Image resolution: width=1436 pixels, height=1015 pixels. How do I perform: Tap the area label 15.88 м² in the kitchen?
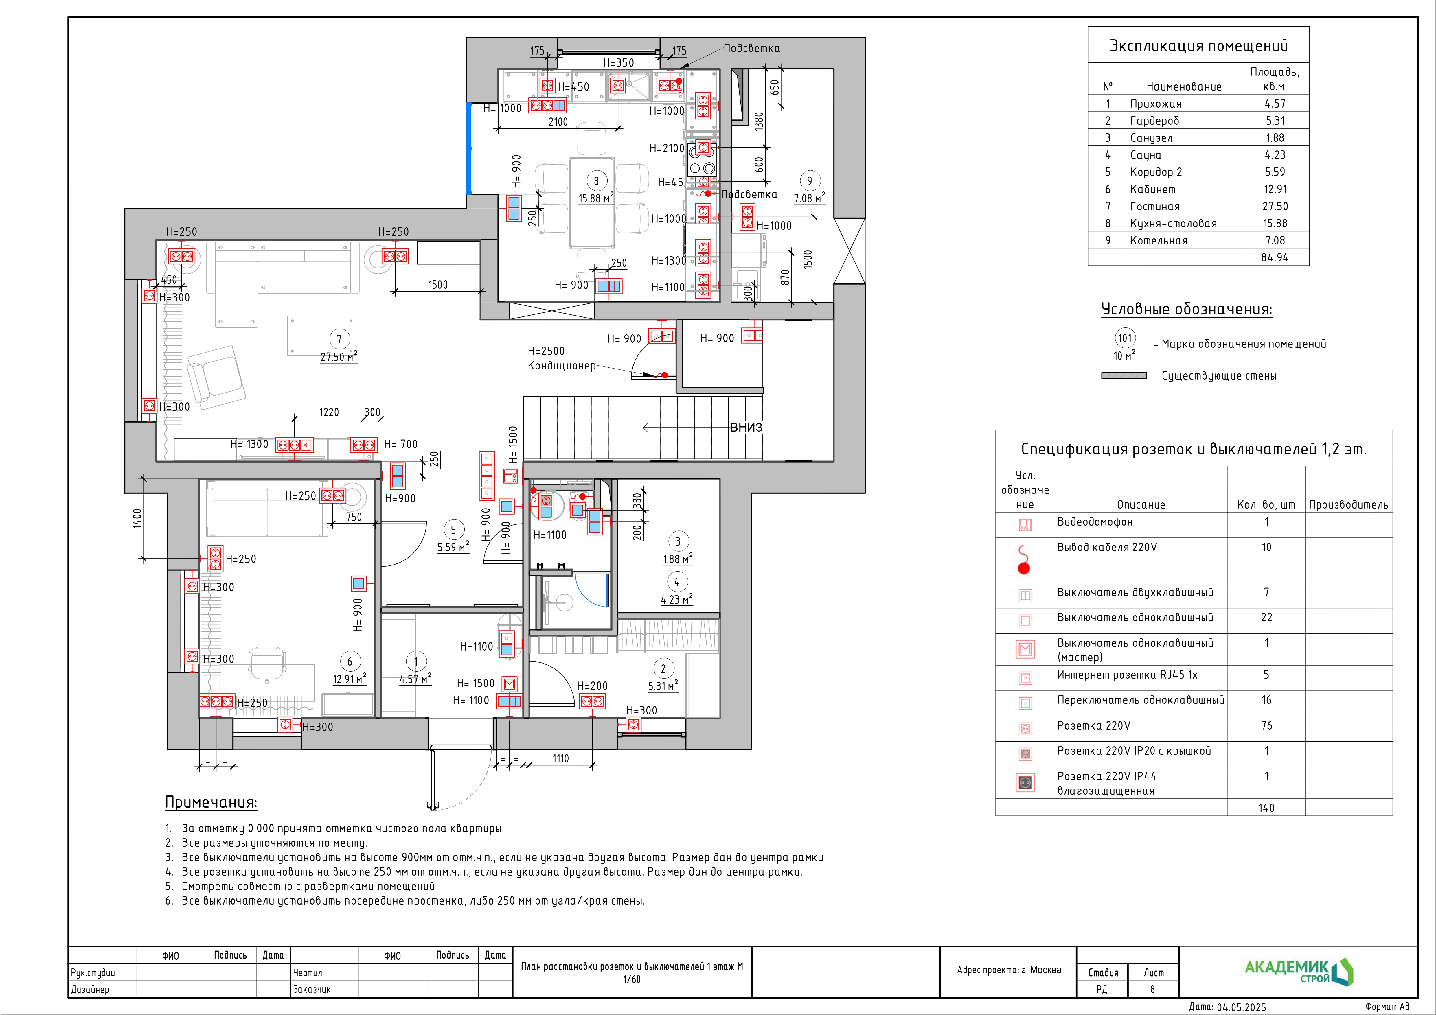coord(595,198)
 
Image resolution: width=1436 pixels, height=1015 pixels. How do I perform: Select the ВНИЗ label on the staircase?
coord(746,428)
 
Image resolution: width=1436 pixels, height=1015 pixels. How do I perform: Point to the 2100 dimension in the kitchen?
coord(558,122)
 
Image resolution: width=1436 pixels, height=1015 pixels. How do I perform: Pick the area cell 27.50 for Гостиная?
coord(1275,206)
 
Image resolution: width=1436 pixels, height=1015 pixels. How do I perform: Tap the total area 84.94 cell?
coord(1275,258)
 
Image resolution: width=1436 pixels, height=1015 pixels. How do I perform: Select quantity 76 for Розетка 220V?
coord(1266,725)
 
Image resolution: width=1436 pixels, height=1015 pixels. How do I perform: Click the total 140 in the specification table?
coord(1266,808)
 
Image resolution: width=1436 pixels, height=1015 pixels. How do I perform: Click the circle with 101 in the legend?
coord(1125,338)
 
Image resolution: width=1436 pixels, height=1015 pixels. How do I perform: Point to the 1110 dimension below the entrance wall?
coord(560,759)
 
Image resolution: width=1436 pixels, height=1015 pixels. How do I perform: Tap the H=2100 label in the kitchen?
coord(667,148)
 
